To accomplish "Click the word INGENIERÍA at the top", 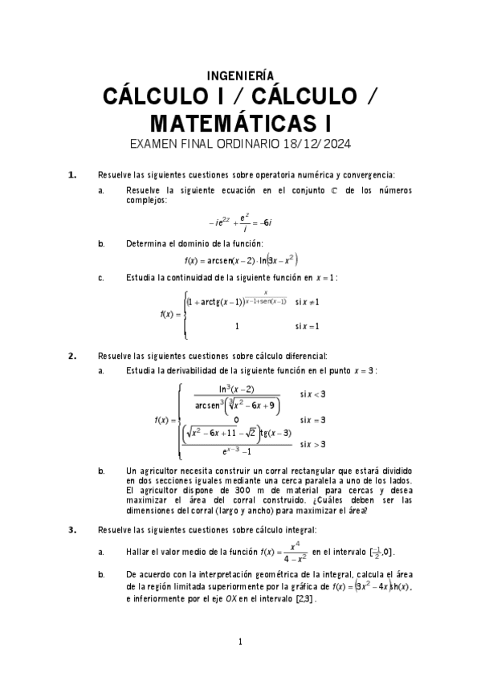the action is point(240,75).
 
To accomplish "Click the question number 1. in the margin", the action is point(72,174).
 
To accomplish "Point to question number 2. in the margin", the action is point(72,355).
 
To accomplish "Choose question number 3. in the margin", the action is point(72,529).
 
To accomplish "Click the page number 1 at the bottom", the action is point(240,641).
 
